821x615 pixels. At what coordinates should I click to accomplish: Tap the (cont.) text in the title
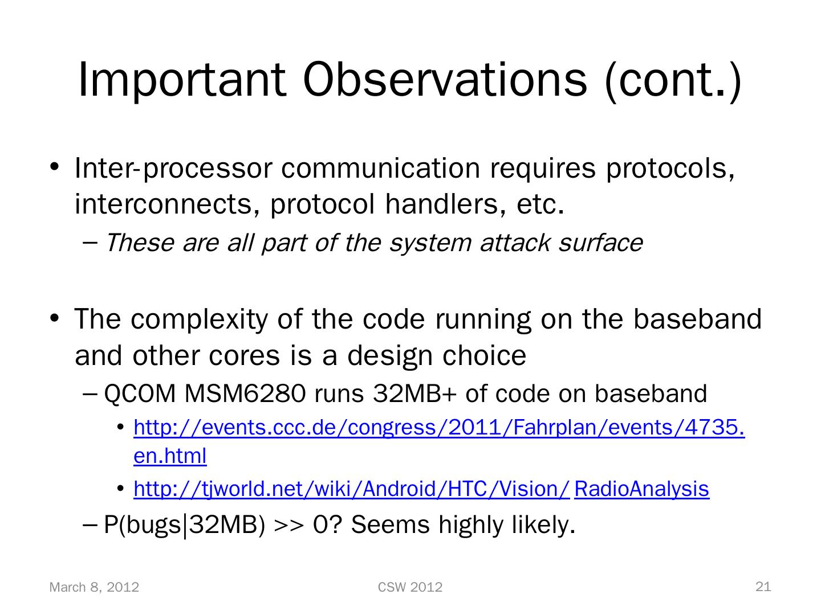click(673, 81)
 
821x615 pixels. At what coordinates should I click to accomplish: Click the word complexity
click(199, 320)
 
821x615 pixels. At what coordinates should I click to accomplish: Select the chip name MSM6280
click(245, 393)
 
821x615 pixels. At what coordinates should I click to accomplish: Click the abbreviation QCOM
click(140, 394)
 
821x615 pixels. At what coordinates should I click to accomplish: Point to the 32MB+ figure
click(415, 393)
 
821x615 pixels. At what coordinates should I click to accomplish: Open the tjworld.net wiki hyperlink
click(421, 489)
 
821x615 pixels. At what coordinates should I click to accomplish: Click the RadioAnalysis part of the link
click(641, 489)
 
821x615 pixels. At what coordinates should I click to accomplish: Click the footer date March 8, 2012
click(94, 587)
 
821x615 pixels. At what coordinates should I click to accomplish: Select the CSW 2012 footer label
click(410, 587)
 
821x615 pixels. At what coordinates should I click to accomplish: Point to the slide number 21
click(763, 587)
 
